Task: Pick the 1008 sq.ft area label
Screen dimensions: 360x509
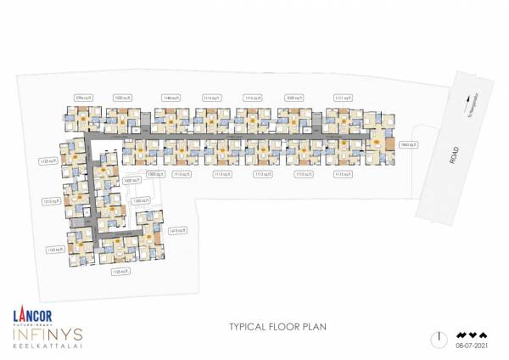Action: click(131, 181)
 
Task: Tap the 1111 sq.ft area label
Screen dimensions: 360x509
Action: click(343, 97)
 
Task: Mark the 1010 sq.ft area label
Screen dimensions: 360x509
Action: click(48, 201)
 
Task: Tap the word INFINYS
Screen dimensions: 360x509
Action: click(43, 336)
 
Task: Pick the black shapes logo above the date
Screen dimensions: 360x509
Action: click(472, 334)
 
